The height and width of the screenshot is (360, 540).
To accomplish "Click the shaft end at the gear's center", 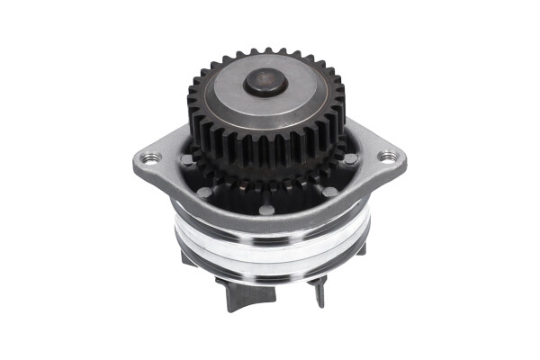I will pos(265,84).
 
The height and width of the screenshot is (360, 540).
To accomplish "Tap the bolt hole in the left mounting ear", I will pos(150,158).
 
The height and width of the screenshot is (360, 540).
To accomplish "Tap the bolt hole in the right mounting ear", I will pos(388,157).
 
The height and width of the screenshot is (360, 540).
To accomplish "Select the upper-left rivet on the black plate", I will pos(186,159).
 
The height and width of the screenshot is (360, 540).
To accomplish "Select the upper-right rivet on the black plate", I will pos(349,158).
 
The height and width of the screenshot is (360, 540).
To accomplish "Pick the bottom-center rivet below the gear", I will pos(267,211).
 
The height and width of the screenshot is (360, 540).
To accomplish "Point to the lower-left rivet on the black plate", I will pos(204,193).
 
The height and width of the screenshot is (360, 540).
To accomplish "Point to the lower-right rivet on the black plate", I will pos(330,192).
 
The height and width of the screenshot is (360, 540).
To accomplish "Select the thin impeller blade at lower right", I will pos(319,290).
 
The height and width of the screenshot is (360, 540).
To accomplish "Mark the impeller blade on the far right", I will pos(359,249).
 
